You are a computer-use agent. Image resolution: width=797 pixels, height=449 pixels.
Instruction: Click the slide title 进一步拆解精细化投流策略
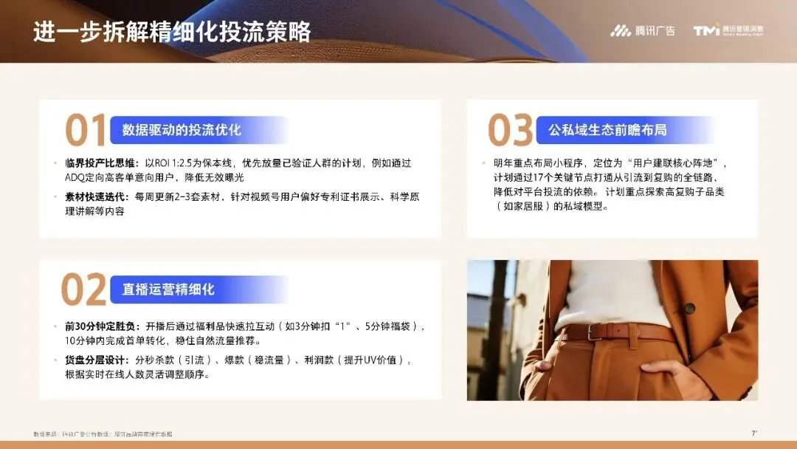pos(171,32)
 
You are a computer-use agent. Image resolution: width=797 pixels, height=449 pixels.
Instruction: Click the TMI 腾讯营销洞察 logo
pos(728,31)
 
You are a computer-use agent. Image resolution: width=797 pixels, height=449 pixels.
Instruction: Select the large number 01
pos(86,131)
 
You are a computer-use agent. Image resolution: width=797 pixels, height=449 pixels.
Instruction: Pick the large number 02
pos(83,289)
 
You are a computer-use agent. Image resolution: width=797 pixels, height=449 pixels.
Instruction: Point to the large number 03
pos(510,131)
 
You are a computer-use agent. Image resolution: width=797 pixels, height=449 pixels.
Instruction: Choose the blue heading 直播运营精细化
pos(168,289)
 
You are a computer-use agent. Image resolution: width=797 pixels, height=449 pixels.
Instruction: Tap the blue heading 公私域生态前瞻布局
pos(607,130)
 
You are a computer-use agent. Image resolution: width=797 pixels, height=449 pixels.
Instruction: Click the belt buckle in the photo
pos(597,332)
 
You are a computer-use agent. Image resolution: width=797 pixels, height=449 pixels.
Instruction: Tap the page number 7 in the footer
pos(753,432)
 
